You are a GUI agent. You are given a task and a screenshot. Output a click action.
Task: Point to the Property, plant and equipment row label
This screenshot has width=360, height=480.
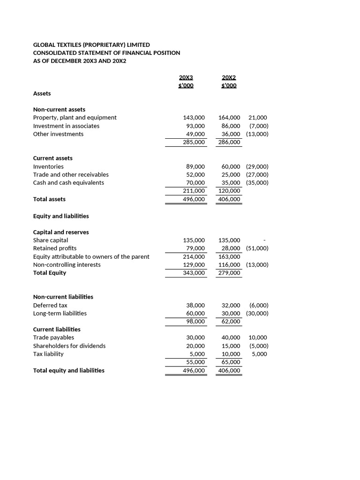(x=75, y=118)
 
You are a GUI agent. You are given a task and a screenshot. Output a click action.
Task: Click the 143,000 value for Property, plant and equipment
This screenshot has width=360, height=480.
(x=194, y=118)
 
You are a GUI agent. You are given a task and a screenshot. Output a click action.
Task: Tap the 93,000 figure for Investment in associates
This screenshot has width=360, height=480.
(x=195, y=126)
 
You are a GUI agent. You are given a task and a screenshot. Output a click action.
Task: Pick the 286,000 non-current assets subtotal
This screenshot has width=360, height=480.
(x=229, y=142)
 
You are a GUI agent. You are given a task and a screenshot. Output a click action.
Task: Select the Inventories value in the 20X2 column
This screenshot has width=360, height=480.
(x=231, y=166)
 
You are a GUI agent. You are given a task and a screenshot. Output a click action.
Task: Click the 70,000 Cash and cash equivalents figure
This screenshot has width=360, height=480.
(x=195, y=183)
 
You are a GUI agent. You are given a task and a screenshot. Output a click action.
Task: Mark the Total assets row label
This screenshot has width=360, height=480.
(x=49, y=199)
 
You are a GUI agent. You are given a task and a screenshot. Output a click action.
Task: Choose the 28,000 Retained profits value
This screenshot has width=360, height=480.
(x=231, y=248)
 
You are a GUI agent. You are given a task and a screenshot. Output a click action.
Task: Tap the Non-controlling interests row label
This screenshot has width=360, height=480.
(x=67, y=265)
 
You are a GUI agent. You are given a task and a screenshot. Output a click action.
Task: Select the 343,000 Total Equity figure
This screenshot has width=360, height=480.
(x=194, y=273)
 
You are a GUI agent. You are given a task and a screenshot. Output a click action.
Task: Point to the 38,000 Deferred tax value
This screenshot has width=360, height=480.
(x=195, y=305)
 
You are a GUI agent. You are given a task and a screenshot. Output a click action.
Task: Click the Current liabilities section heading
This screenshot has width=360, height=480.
(x=57, y=330)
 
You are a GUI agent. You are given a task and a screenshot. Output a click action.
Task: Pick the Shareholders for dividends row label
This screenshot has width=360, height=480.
(x=69, y=346)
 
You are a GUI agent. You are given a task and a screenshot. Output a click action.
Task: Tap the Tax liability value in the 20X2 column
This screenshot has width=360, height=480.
(x=231, y=354)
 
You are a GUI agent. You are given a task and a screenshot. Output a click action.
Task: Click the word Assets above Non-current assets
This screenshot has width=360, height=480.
(x=42, y=94)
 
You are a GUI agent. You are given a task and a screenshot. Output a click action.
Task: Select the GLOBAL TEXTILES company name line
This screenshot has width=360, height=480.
(x=91, y=45)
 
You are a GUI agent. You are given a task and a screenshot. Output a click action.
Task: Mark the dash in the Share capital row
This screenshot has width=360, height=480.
(x=265, y=240)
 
